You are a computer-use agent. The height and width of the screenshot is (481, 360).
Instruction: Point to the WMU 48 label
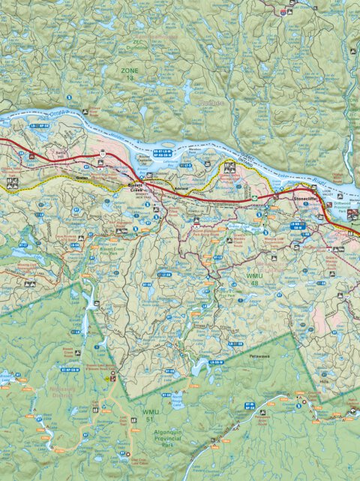click(236, 281)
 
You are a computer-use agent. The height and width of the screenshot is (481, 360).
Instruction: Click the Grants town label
click(82, 179)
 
